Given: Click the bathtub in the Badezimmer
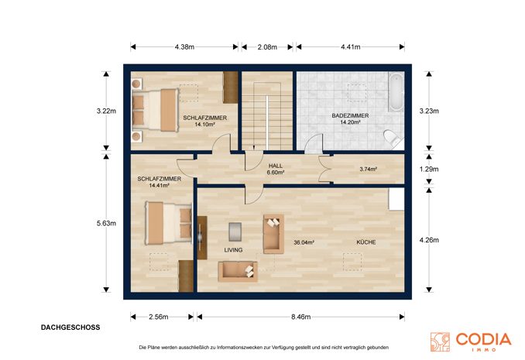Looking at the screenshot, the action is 396,92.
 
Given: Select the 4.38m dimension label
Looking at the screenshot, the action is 184,47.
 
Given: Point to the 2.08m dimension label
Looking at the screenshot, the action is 267,47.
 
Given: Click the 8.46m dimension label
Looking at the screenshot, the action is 300,317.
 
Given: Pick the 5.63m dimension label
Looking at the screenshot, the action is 107,223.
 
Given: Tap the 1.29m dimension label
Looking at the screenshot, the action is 429,169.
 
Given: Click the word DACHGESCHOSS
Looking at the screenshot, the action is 70,327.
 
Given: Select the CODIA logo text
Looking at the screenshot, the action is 483,339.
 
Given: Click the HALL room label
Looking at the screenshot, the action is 276,166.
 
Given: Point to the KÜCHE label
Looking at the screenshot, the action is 366,242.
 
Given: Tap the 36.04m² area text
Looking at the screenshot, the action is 304,242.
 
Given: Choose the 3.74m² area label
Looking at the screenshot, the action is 369,169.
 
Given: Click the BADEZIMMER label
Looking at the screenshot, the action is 350,115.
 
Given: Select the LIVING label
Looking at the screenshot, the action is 233,250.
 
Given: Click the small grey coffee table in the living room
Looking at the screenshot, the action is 235,231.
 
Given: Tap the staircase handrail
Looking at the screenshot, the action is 267,122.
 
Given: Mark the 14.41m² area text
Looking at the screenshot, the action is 159,185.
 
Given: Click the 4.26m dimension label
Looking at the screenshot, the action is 429,240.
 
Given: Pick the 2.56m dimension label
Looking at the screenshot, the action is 159,317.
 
